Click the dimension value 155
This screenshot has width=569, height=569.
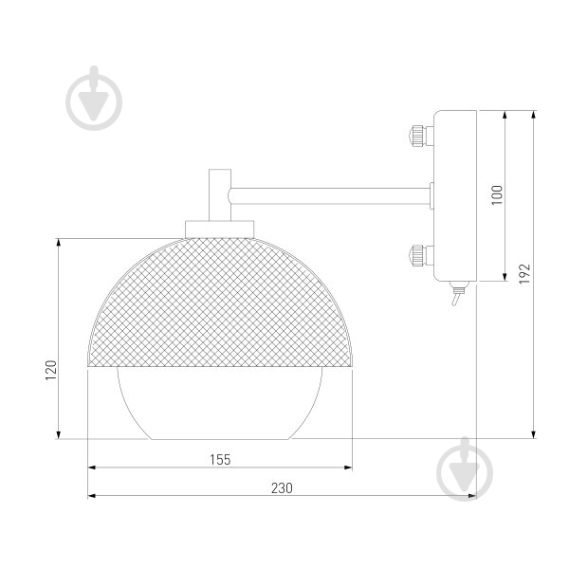tap(220, 460)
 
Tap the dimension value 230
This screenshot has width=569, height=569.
tap(282, 488)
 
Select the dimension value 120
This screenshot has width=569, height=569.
tap(51, 370)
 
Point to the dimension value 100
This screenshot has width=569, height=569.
tap(497, 194)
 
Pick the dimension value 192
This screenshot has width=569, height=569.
tap(524, 273)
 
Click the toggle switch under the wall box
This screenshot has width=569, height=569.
tap(457, 292)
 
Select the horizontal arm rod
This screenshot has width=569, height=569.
tap(329, 196)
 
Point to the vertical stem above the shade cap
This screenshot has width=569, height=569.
tap(220, 195)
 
